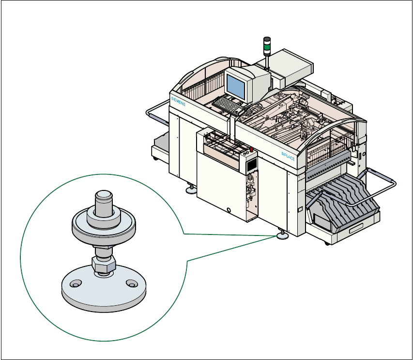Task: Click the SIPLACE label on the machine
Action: (x=288, y=156)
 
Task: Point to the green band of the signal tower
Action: (x=266, y=47)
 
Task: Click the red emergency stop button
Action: (x=251, y=149)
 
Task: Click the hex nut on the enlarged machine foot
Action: (x=103, y=264)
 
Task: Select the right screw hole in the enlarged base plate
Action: (x=130, y=282)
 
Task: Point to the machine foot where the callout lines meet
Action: (x=281, y=236)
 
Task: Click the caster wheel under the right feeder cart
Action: (x=328, y=242)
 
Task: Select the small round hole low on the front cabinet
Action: (x=229, y=209)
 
